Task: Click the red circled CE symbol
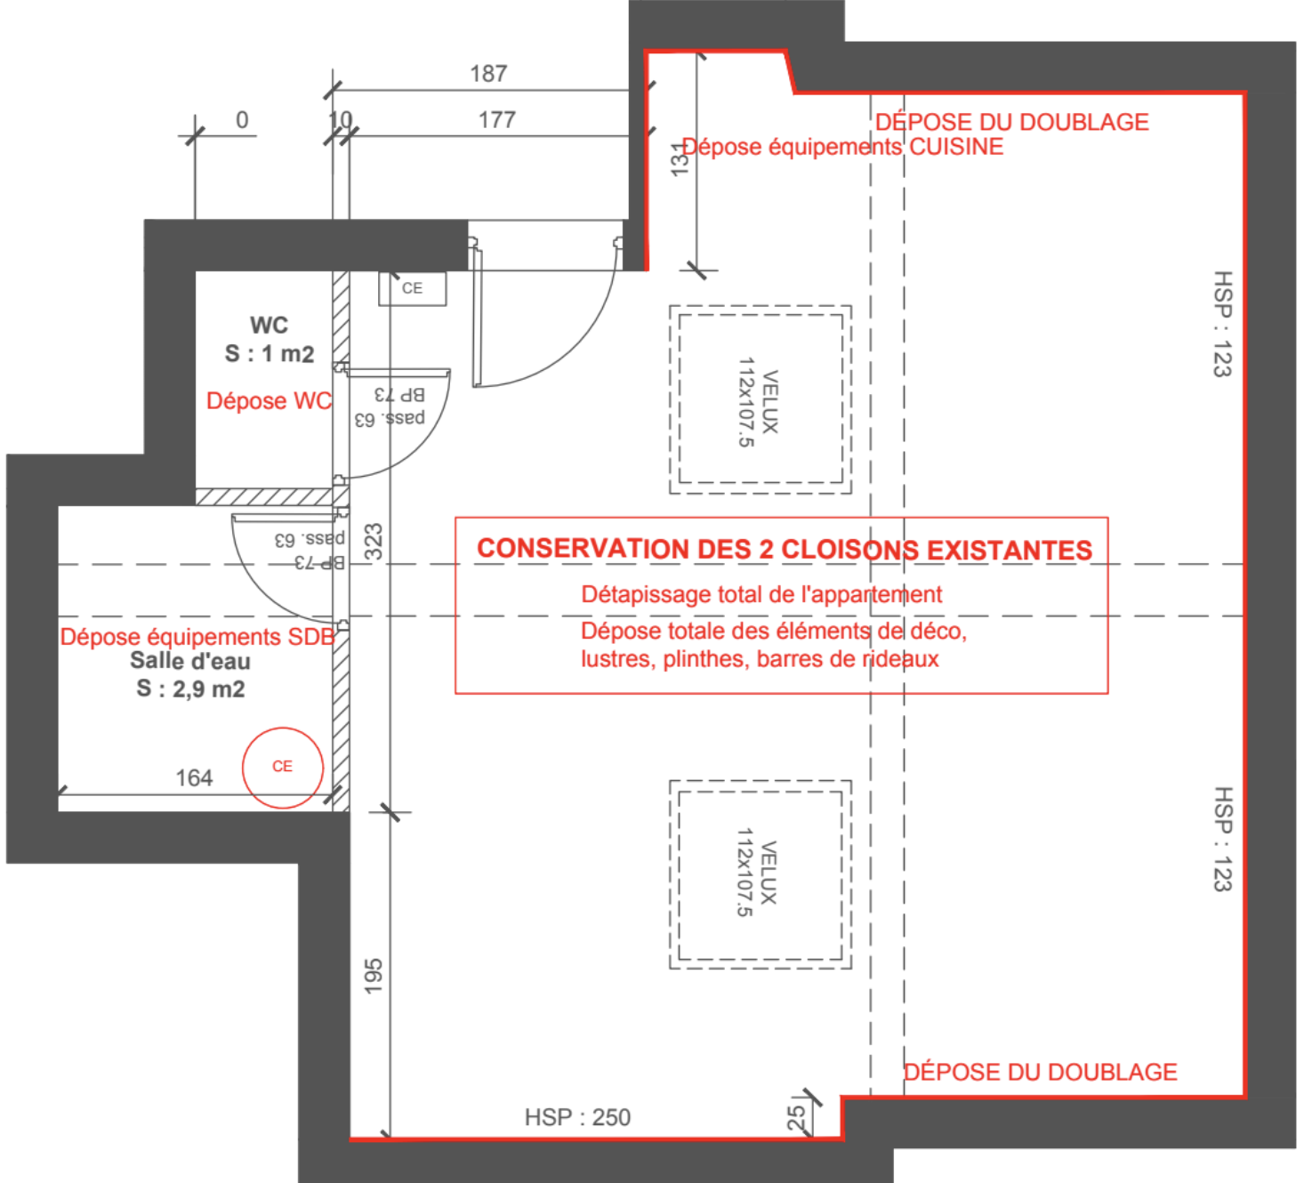283,768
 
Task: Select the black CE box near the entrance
413,288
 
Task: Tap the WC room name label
270,325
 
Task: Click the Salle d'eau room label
190,661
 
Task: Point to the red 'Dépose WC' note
270,401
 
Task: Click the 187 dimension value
489,74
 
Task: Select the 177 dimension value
497,119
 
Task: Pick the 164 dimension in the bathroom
195,778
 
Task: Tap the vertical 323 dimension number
373,542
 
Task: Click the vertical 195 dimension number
373,976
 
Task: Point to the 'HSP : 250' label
578,1117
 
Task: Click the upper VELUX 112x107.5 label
759,402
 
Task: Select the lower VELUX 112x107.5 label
757,873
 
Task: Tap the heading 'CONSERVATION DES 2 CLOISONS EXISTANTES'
785,550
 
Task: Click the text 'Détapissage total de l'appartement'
761,594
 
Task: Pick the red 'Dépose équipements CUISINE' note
842,147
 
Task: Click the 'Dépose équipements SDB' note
197,637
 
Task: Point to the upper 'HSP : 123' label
1223,324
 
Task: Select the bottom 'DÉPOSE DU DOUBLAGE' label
1040,1073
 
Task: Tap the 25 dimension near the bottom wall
796,1118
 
